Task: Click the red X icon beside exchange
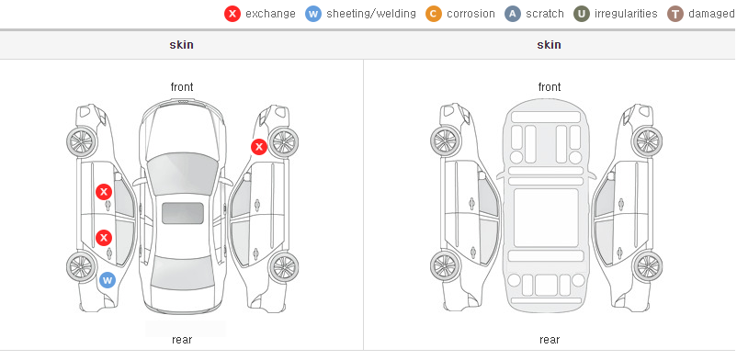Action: (x=232, y=14)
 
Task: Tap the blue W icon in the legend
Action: (x=313, y=14)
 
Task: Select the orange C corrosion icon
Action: (x=434, y=14)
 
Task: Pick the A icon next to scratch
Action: (x=513, y=14)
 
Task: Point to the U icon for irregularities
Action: (x=582, y=14)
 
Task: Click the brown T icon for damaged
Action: (x=675, y=14)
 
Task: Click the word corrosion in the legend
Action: (x=471, y=14)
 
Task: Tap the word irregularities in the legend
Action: (x=626, y=14)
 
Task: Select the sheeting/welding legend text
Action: (x=371, y=14)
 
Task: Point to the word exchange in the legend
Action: (x=270, y=14)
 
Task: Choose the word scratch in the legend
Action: (x=545, y=14)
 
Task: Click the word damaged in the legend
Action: (x=711, y=14)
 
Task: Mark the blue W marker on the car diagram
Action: (x=108, y=281)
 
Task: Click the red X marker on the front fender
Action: (x=258, y=147)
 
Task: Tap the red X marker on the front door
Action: (x=104, y=192)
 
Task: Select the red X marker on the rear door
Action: (x=104, y=238)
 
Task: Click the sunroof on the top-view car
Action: (x=183, y=213)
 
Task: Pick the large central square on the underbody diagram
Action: (x=546, y=218)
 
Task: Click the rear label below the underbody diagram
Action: (x=550, y=340)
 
